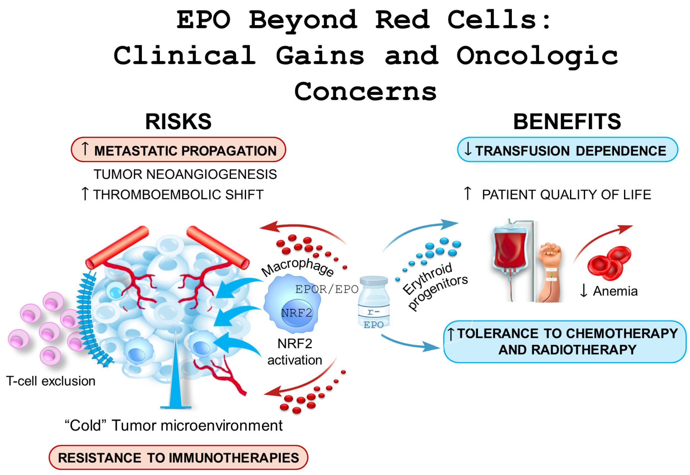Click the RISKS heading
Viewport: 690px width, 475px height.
pos(178,122)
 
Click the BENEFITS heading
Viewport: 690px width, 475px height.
pos(567,122)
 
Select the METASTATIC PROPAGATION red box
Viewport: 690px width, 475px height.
pos(178,150)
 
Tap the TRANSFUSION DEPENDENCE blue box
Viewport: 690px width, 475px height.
pos(567,150)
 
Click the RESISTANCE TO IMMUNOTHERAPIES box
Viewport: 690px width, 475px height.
pos(178,457)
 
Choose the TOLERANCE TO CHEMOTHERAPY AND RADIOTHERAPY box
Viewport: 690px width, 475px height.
pos(565,342)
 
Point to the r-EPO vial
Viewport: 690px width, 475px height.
pos(374,302)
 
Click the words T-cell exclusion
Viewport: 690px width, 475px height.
pos(51,381)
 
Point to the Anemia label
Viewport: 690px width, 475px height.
pos(615,291)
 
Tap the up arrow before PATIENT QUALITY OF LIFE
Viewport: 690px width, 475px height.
pos(467,193)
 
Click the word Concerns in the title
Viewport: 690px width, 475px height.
pos(365,92)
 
